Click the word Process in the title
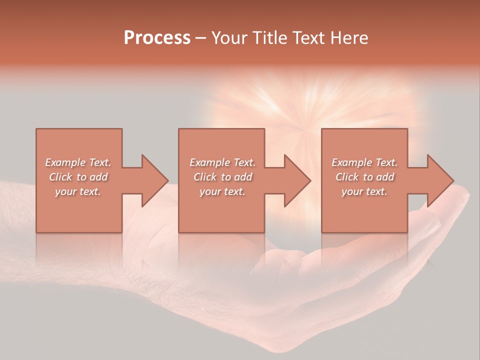pos(157,38)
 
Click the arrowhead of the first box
pos(154,180)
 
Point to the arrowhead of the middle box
pos(296,180)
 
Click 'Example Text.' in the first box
pos(78,162)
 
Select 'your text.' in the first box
pos(78,191)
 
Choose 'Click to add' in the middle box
pos(222,177)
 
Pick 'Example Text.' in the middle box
pos(222,162)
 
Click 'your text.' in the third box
pos(364,191)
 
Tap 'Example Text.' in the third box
pos(364,162)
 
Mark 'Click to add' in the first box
pos(78,177)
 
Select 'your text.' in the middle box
pos(222,191)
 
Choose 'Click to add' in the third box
pos(364,177)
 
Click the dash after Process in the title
pos(201,38)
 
